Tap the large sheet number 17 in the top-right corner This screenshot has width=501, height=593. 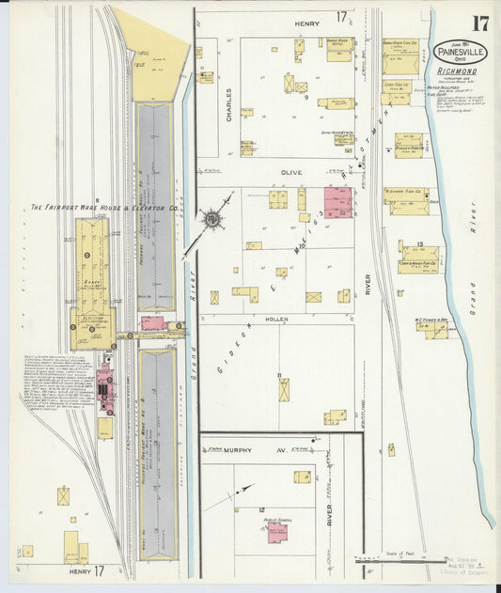point(480,23)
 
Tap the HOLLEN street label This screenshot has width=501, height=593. point(277,320)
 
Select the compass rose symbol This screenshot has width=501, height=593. point(212,220)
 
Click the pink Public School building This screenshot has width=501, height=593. point(277,532)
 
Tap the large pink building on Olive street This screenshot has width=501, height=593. point(337,201)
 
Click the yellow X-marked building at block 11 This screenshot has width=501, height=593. point(283,389)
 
